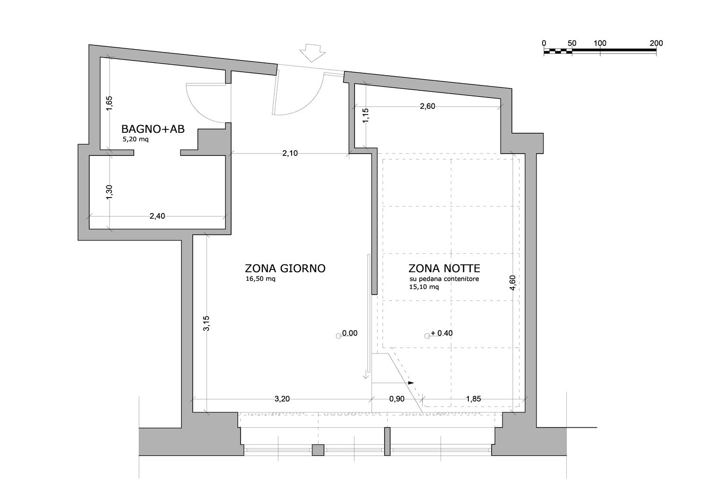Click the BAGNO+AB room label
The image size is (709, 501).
pyautogui.click(x=153, y=129)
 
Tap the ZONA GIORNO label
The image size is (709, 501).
pyautogui.click(x=285, y=268)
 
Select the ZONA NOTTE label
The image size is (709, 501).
pyautogui.click(x=444, y=268)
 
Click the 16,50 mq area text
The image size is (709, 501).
pyautogui.click(x=260, y=279)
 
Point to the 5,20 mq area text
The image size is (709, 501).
pyautogui.click(x=136, y=139)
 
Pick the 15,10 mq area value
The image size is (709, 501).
pyautogui.click(x=424, y=287)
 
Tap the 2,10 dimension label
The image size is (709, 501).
pyautogui.click(x=290, y=154)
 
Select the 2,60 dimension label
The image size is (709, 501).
pyautogui.click(x=427, y=106)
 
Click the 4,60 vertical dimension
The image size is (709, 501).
pyautogui.click(x=513, y=283)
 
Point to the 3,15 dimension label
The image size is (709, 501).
pyautogui.click(x=207, y=323)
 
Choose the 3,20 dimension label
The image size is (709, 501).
pyautogui.click(x=282, y=399)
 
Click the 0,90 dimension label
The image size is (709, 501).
pyautogui.click(x=397, y=399)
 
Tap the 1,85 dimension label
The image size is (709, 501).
pyautogui.click(x=474, y=399)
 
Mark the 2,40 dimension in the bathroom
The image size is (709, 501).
pyautogui.click(x=157, y=216)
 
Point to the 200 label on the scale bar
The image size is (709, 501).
pyautogui.click(x=656, y=43)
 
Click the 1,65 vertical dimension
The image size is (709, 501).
pyautogui.click(x=109, y=104)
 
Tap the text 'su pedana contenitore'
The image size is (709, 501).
pyautogui.click(x=444, y=279)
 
